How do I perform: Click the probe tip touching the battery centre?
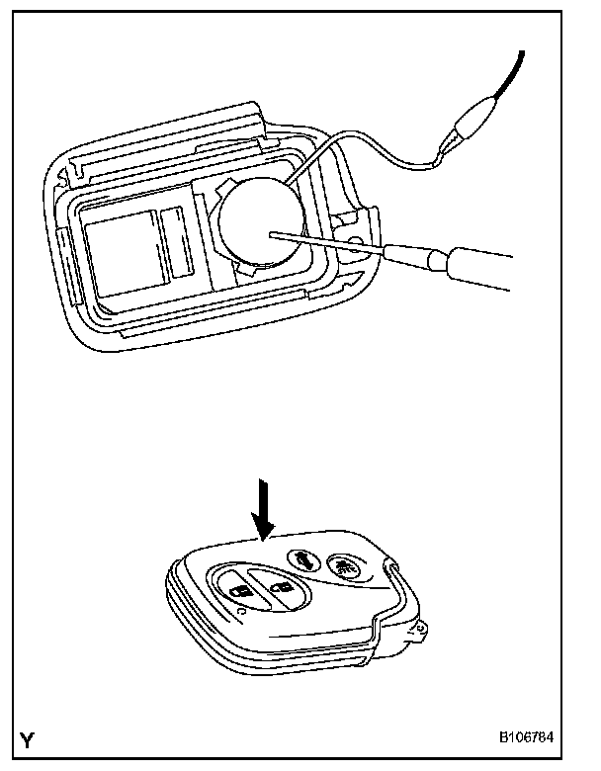(272, 235)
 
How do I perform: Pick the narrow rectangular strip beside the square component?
(179, 242)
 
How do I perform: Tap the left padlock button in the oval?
(238, 591)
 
